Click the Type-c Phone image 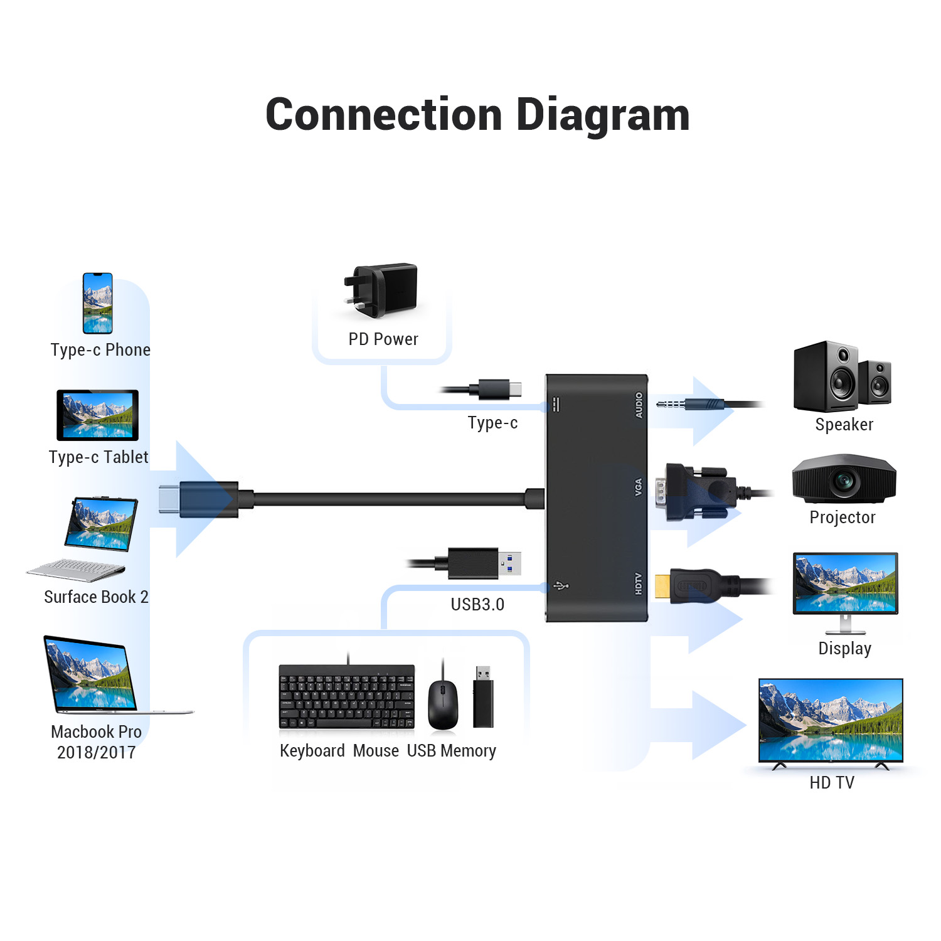(x=98, y=303)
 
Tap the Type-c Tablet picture (x=97, y=415)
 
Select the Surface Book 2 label (x=96, y=597)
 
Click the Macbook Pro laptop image (x=94, y=674)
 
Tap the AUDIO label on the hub (x=639, y=405)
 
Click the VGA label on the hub (x=639, y=487)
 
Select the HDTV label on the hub (x=639, y=583)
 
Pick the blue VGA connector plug (x=699, y=492)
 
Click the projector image (x=844, y=479)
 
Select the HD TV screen (x=831, y=720)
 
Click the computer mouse (x=443, y=703)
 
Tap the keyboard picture (x=347, y=697)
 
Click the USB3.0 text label (x=477, y=604)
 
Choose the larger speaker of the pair (x=826, y=376)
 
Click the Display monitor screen (x=845, y=583)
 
